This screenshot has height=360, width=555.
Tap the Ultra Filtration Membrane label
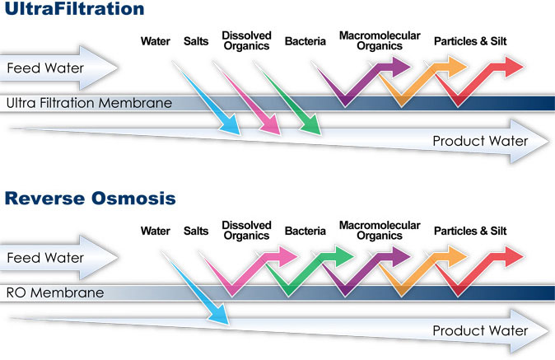click(88, 104)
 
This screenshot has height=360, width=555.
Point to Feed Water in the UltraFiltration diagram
click(45, 68)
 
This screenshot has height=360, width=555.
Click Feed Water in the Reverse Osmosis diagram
click(45, 258)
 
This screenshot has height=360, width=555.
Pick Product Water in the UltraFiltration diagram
click(479, 142)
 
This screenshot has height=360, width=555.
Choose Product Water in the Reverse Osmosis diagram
click(479, 331)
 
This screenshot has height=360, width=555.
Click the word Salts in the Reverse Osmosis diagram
click(197, 231)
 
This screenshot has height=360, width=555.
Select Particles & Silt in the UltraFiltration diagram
click(470, 40)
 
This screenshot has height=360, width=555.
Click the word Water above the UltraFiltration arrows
click(156, 40)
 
